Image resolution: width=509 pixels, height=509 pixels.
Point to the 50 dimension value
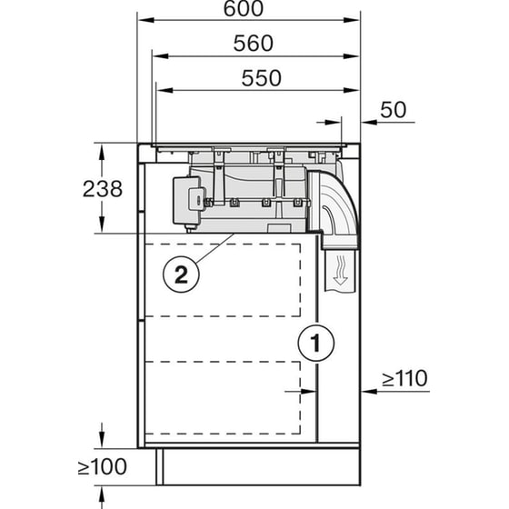(392, 110)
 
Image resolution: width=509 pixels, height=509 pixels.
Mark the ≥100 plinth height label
(102, 469)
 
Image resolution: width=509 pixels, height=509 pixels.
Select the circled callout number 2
(180, 274)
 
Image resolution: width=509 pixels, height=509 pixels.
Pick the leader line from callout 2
(214, 252)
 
